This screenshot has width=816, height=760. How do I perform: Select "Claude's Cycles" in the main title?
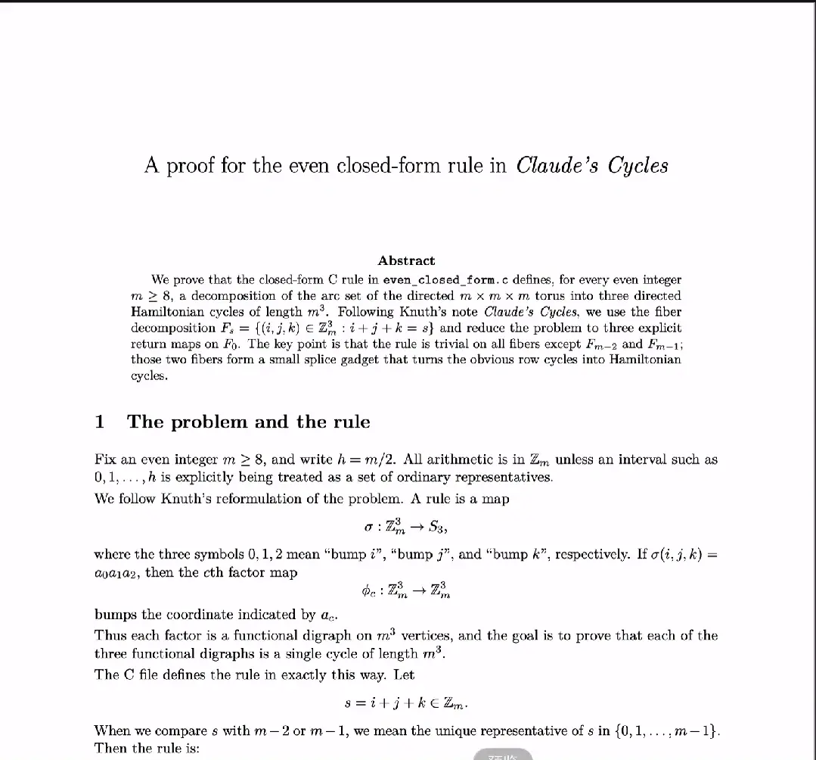pos(591,166)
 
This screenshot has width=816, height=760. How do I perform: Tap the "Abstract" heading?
pos(406,260)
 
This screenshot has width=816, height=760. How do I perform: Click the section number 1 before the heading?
pos(99,422)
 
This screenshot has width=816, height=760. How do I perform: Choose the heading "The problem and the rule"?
pos(248,422)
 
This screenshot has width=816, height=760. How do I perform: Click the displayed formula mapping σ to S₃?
pos(407,525)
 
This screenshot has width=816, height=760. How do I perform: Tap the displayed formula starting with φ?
pos(407,590)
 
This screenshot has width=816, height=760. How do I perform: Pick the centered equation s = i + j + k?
pos(407,703)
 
